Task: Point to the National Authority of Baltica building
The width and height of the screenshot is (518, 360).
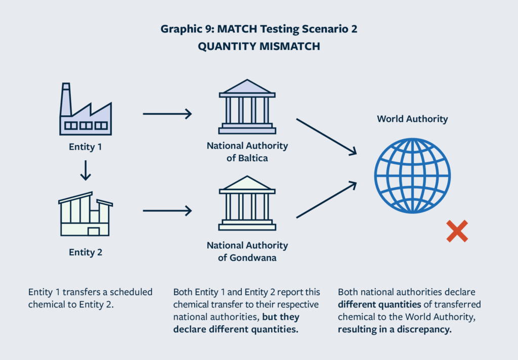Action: (x=247, y=106)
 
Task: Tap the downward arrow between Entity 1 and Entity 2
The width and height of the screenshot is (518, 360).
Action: (x=85, y=170)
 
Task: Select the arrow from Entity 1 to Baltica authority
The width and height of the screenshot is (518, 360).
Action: (x=167, y=114)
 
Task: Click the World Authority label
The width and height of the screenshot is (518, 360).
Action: (x=412, y=119)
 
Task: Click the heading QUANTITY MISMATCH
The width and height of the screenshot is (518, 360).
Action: (x=258, y=46)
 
